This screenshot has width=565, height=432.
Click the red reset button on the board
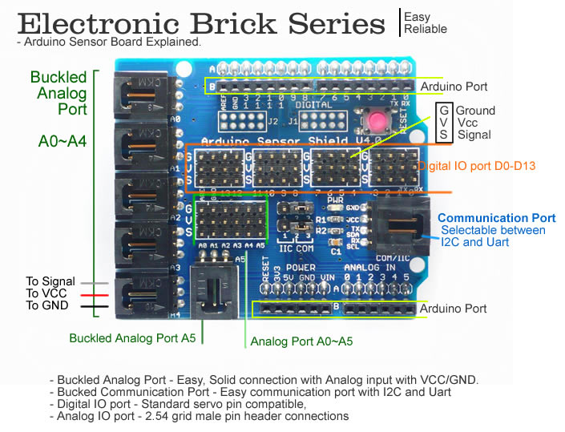pos(376,123)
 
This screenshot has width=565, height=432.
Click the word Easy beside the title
pos(417,17)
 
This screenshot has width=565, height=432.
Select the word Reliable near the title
pos(426,29)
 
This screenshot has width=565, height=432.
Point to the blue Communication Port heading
pos(496,218)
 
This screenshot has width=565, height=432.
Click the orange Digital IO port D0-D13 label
pos(477,166)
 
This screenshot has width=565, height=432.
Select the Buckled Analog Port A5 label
pos(132,337)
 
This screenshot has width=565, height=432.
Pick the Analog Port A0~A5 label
pos(301,341)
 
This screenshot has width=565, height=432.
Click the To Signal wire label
pos(50,281)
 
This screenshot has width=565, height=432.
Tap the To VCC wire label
pos(46,293)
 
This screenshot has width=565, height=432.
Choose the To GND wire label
pos(46,305)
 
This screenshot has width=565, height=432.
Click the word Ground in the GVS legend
pos(476,111)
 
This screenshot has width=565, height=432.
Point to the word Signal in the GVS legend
pos(474,135)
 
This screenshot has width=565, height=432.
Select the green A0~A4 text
pos(63,142)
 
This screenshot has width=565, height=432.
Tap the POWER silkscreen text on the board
pos(301,268)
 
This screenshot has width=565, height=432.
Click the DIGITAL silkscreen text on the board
pos(313,105)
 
